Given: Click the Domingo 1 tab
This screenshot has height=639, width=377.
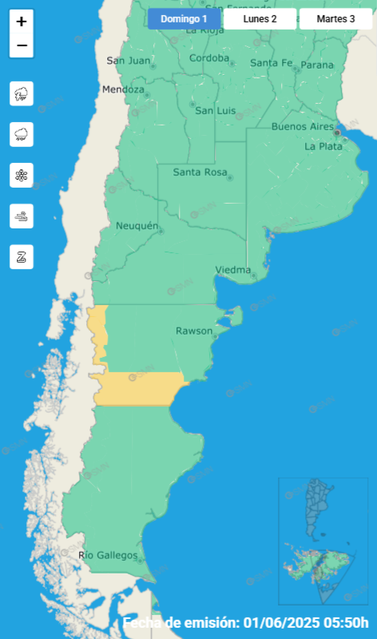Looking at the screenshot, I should click(183, 18).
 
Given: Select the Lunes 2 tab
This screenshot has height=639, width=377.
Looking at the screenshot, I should click(260, 18).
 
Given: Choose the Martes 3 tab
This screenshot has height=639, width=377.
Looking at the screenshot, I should click(335, 18).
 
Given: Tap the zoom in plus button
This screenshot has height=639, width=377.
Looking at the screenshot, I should click(22, 22).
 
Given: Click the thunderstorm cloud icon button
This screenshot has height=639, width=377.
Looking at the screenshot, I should click(22, 94).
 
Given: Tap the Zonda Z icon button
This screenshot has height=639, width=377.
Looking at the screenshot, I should click(22, 256).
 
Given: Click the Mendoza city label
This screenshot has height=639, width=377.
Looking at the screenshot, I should click(123, 89).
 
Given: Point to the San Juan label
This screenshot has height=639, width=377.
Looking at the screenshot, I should click(127, 61).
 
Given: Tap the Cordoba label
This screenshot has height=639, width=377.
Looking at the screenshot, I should click(210, 58).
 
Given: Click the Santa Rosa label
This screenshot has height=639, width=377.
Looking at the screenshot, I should click(199, 172).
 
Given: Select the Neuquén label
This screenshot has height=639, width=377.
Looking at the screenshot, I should click(137, 226).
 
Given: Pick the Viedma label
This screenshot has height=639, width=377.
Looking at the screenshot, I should click(233, 269).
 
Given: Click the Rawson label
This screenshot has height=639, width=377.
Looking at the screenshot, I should click(194, 331).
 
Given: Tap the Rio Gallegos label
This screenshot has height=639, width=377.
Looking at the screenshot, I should click(109, 555).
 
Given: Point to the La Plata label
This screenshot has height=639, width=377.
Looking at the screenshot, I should click(323, 146).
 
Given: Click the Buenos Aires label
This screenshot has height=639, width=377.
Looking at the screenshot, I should click(302, 126).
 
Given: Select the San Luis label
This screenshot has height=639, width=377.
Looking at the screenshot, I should click(216, 110).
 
